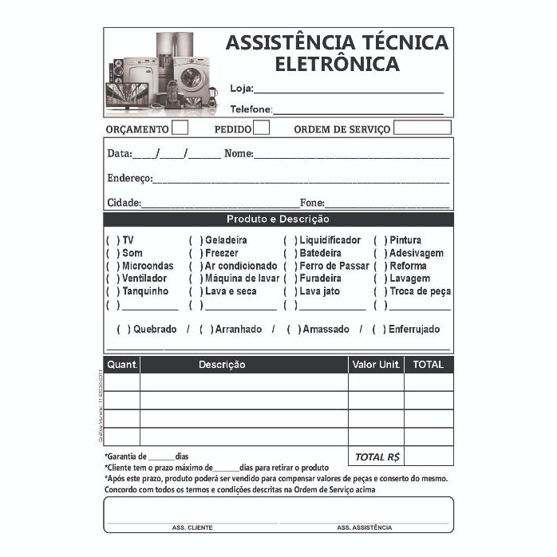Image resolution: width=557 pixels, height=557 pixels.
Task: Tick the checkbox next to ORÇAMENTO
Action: coord(180,128)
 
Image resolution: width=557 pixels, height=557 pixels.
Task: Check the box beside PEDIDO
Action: coord(261,128)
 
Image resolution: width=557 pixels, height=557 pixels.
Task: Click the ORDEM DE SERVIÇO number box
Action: coord(422,128)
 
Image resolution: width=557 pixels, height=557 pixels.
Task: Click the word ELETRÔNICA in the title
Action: coord(337,63)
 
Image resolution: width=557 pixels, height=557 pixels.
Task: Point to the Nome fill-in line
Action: coord(351,156)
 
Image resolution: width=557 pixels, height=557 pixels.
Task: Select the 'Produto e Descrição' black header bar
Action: coord(278,219)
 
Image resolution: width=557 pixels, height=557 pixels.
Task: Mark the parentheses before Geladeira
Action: coord(195,240)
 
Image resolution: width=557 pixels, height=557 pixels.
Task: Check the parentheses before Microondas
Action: coord(112,266)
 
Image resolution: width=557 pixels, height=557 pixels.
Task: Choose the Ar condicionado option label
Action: coord(241,266)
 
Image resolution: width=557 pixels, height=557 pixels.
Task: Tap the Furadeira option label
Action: coord(320,278)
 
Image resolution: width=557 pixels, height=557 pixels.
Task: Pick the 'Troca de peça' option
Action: coord(420,291)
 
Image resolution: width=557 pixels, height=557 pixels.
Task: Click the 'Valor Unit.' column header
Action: coord(375,365)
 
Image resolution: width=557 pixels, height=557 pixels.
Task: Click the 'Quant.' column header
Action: coord(122,365)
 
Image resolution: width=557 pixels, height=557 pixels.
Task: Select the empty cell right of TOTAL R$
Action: coord(429,456)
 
